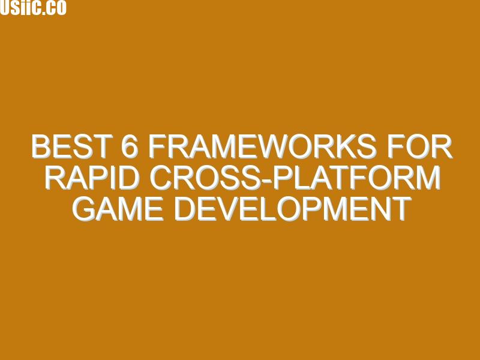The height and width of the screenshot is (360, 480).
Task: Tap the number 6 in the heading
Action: point(128,146)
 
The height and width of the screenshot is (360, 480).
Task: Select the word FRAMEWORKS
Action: point(262,146)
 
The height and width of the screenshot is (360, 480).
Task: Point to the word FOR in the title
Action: point(419,146)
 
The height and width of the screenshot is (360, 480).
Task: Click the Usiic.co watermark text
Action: point(33,7)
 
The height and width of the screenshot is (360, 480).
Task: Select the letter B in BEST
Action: point(41,146)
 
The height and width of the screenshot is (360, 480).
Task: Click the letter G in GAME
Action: point(83,209)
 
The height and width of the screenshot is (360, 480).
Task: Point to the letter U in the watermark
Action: point(5,7)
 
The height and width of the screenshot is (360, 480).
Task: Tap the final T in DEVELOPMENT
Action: point(401,209)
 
